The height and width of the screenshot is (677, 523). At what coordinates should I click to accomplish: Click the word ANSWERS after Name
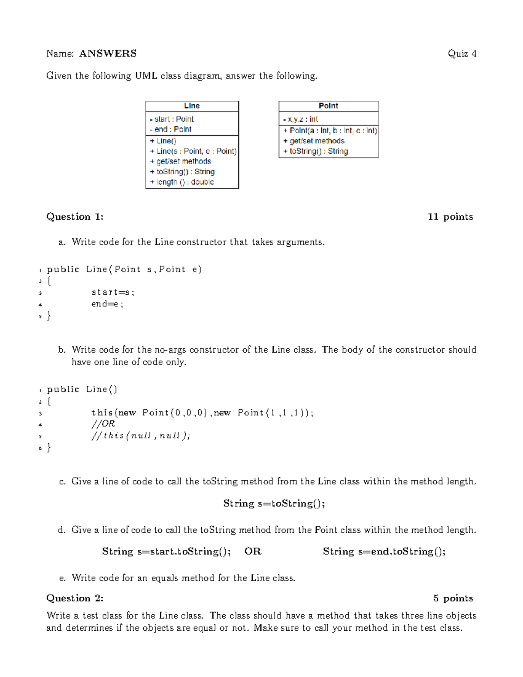(x=108, y=54)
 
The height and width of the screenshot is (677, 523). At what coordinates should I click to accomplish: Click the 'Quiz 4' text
(x=462, y=54)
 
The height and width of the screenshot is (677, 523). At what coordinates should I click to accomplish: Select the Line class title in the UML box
(x=192, y=106)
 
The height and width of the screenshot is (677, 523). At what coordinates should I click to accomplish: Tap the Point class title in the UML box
(x=328, y=106)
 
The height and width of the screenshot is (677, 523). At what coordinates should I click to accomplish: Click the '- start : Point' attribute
(x=172, y=119)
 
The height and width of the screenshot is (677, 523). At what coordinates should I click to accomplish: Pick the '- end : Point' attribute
(x=170, y=129)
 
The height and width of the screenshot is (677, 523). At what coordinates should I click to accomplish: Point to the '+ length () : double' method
(x=182, y=182)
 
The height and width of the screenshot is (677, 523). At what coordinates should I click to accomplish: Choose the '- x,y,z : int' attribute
(x=300, y=119)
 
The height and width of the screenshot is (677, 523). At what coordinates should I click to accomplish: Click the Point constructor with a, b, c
(x=330, y=130)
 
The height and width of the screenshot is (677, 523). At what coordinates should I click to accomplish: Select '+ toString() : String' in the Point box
(x=316, y=151)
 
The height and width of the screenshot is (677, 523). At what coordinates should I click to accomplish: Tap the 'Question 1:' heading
(x=75, y=217)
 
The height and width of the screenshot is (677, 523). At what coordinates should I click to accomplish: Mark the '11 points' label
(x=450, y=217)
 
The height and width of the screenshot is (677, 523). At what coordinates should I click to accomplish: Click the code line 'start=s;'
(x=113, y=293)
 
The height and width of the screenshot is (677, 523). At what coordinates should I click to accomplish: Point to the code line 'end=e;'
(x=107, y=304)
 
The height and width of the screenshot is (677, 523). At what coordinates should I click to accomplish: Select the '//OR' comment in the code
(x=103, y=424)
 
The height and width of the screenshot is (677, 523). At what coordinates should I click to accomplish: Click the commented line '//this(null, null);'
(x=140, y=435)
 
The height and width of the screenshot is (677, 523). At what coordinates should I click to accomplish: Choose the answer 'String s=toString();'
(x=274, y=503)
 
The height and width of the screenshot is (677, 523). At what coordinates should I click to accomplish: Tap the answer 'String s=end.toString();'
(x=384, y=551)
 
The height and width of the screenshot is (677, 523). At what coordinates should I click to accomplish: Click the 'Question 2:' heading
(x=75, y=598)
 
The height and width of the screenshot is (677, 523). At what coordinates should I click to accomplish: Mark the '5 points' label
(x=453, y=598)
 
